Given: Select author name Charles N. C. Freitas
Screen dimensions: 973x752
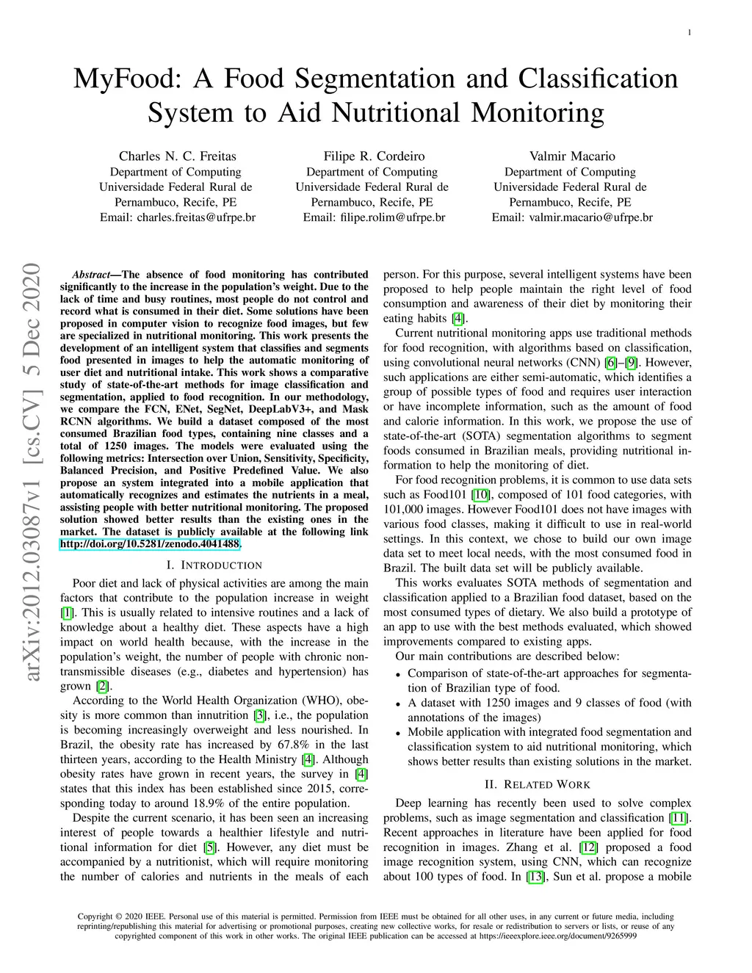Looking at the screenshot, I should (178, 156).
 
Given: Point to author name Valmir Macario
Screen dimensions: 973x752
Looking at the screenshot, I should (572, 156).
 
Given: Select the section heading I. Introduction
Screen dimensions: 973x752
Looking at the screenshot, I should (214, 565).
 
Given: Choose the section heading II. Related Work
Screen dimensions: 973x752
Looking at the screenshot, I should (538, 784).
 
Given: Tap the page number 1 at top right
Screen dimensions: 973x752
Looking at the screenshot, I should (690, 32).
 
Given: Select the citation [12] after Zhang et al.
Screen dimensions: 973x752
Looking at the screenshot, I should (588, 847).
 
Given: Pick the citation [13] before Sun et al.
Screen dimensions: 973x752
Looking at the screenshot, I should (536, 877).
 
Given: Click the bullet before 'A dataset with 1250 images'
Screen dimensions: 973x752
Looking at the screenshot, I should (398, 703).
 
